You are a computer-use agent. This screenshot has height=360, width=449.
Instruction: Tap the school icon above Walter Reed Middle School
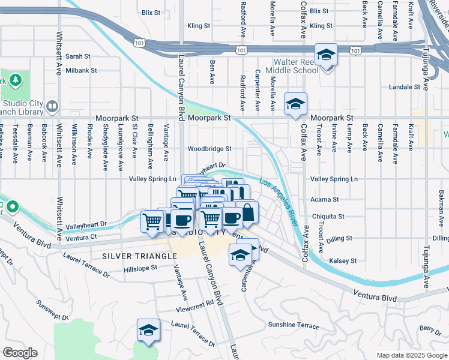coord(326,55)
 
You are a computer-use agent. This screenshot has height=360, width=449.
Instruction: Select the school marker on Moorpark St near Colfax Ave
coord(295,104)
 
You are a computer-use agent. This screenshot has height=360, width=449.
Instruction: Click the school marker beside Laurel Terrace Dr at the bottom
coord(148,329)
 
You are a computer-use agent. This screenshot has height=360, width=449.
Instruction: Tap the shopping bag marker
coord(247,212)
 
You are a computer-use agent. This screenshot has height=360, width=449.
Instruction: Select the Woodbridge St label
coord(209,149)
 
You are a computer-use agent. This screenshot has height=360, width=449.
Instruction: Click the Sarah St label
coord(78,56)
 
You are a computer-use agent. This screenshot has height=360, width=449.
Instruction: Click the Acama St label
coord(325,199)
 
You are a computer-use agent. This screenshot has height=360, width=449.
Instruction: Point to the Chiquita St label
coord(328,216)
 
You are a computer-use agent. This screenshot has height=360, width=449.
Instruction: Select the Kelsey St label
coord(343,261)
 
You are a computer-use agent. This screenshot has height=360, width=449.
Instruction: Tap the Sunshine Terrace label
coord(294,325)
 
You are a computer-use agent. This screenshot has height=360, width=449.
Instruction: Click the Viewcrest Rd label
coord(195,304)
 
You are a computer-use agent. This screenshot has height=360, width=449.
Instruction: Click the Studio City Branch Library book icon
coord(52,107)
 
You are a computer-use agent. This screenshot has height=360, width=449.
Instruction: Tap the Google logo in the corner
coord(20,353)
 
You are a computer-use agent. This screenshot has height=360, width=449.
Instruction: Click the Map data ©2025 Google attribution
coord(411,355)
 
